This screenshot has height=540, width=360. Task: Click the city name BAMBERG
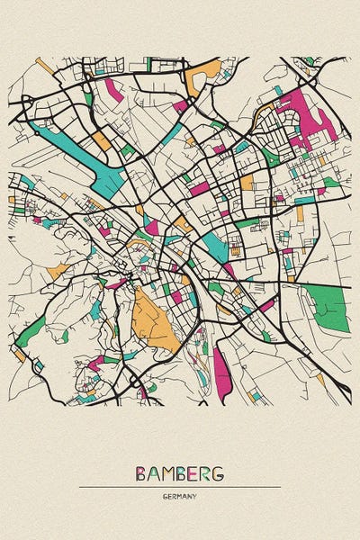(x=180, y=473)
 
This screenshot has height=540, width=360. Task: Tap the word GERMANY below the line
(x=180, y=496)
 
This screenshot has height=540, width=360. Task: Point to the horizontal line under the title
(x=180, y=487)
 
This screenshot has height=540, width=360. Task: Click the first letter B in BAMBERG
(x=141, y=473)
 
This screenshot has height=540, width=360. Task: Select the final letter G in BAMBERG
(x=219, y=473)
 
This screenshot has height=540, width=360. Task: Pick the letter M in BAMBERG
(x=167, y=473)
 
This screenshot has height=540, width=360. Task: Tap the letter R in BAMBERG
(x=206, y=473)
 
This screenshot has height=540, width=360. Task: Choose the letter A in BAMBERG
(x=154, y=473)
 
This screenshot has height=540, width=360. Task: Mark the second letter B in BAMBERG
(x=181, y=473)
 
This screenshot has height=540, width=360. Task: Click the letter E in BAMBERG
(x=193, y=473)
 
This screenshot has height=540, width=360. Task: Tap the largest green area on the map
(x=326, y=306)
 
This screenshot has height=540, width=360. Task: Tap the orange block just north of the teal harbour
(x=103, y=140)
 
